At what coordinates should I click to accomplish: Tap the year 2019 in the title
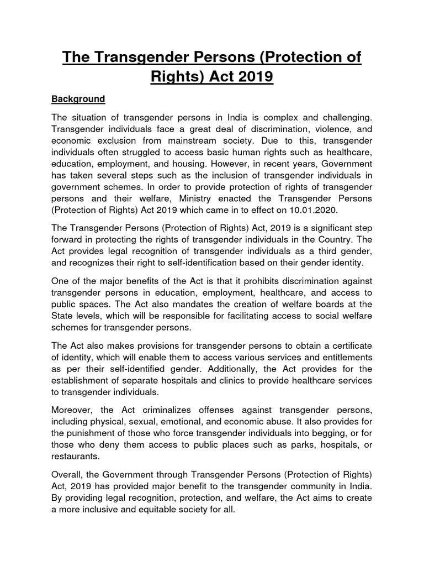tap(253, 77)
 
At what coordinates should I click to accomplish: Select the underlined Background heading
tap(78, 99)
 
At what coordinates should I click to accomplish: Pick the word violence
tap(330, 129)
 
